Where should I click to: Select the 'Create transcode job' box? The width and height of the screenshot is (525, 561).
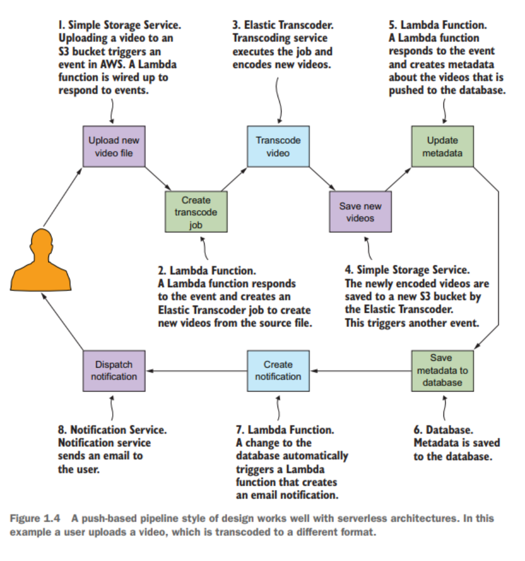pyautogui.click(x=196, y=212)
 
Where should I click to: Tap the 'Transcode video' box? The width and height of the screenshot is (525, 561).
pyautogui.click(x=278, y=147)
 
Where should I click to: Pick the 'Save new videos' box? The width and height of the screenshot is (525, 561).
pyautogui.click(x=360, y=212)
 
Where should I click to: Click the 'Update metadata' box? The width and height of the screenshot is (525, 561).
pyautogui.click(x=442, y=147)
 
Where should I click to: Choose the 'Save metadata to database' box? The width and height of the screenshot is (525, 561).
pyautogui.click(x=442, y=371)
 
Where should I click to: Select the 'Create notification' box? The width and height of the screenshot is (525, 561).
pyautogui.click(x=278, y=371)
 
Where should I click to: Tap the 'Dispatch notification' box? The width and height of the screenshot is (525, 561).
pyautogui.click(x=114, y=371)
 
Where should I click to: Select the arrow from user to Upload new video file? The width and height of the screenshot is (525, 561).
pyautogui.click(x=63, y=194)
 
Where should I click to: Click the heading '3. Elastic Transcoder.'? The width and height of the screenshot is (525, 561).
pyautogui.click(x=283, y=26)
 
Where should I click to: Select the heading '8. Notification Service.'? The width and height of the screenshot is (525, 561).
pyautogui.click(x=112, y=430)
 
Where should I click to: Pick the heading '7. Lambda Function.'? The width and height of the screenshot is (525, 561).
pyautogui.click(x=285, y=430)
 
